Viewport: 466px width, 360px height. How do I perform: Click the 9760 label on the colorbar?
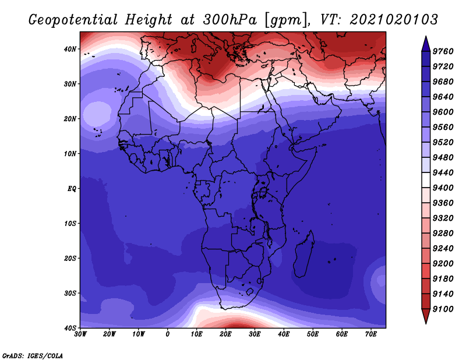(443, 51)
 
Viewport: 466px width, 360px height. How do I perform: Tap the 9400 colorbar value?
(443, 188)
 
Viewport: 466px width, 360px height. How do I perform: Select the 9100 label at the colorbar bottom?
(443, 309)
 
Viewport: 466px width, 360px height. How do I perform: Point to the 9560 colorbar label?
(443, 127)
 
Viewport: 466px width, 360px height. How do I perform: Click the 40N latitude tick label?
(70, 49)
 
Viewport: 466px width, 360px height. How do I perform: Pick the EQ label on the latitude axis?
(72, 189)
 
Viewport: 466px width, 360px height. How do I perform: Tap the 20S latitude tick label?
(70, 258)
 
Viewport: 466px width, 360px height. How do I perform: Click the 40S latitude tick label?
(70, 328)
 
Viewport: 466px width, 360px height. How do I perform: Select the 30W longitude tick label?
(80, 334)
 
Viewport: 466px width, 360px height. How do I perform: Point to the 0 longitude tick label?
(168, 334)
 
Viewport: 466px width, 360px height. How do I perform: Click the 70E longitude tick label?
(371, 334)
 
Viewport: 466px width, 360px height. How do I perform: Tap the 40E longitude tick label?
(284, 334)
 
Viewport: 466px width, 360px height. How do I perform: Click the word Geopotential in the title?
(73, 20)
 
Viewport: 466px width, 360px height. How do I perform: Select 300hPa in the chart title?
(230, 20)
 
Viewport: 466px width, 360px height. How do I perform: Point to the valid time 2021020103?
(394, 20)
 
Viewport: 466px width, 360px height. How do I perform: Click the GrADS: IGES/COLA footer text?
(33, 355)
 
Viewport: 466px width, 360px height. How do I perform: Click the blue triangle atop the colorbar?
(426, 44)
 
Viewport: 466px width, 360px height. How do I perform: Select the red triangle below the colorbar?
(426, 316)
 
